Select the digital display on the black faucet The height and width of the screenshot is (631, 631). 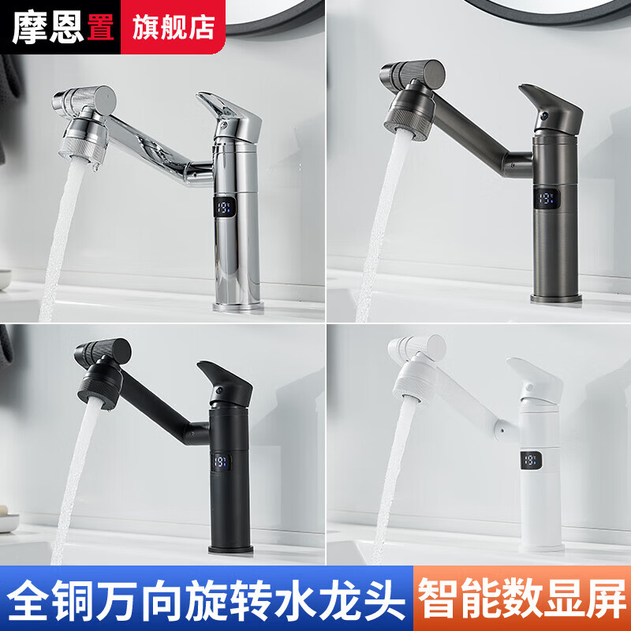220,461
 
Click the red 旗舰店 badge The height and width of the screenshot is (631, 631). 170,28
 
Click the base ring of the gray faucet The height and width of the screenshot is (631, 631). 555,298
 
